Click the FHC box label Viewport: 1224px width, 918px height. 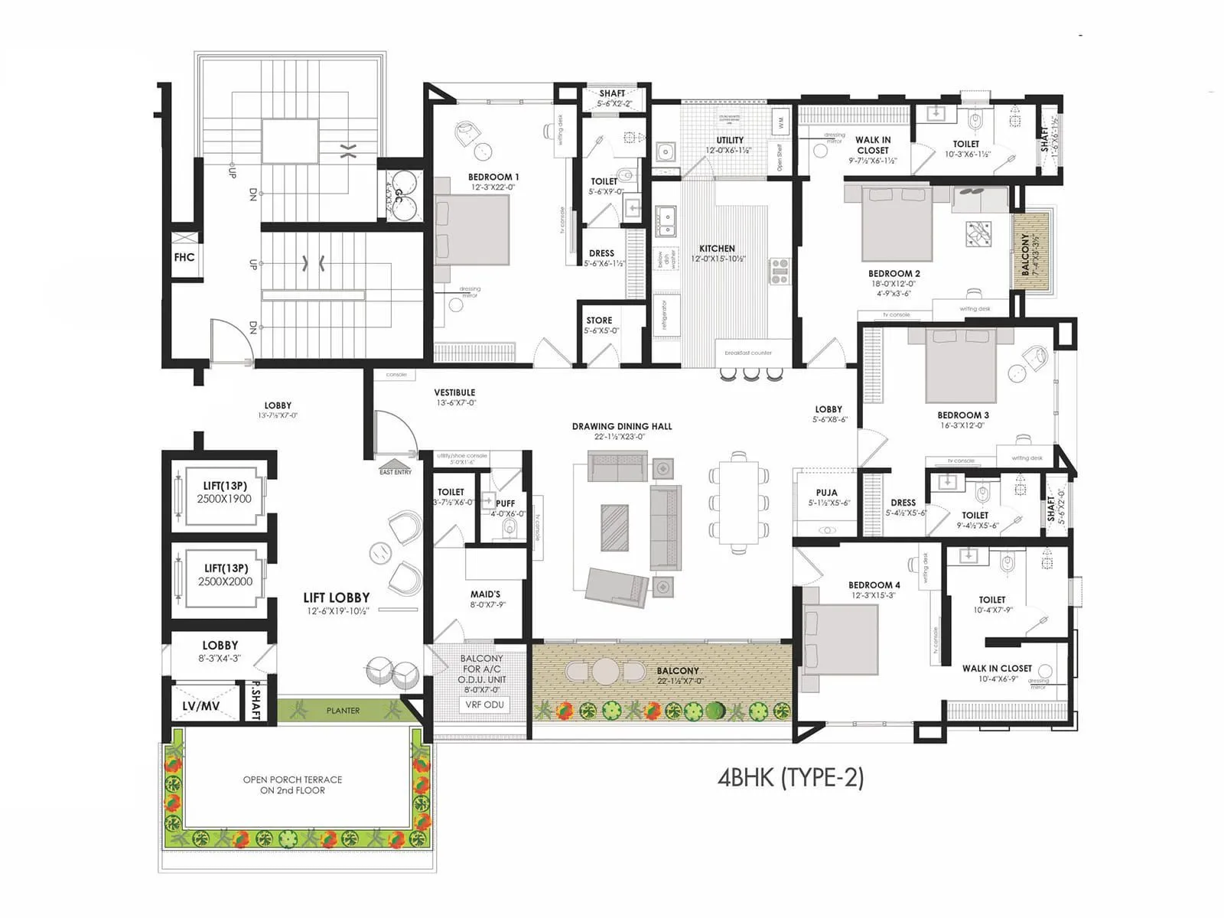coord(184,257)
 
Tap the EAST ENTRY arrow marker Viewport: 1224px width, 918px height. coord(396,464)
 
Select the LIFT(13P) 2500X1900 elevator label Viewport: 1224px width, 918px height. coord(224,492)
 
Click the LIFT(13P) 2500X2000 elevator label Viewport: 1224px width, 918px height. coord(225,575)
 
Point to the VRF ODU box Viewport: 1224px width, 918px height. coord(485,705)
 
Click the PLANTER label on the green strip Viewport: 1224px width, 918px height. coord(343,711)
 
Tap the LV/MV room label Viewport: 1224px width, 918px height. coord(200,706)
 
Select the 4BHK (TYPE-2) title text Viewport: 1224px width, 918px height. coord(790,777)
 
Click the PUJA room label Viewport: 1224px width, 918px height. coord(826,493)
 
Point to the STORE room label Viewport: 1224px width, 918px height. coord(599,321)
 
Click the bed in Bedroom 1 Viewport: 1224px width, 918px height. coord(472,230)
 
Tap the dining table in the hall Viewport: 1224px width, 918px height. coord(739,501)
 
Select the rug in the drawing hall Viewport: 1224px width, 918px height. coord(614,527)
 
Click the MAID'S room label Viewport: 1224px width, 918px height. coord(485,594)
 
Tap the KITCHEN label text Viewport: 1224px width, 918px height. coord(717,249)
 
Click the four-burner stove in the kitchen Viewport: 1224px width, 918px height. coord(780,272)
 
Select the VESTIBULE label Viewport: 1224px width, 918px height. coord(454,392)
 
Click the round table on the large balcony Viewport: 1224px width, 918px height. coord(606,671)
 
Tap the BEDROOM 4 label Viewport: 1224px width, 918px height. coord(874,584)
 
